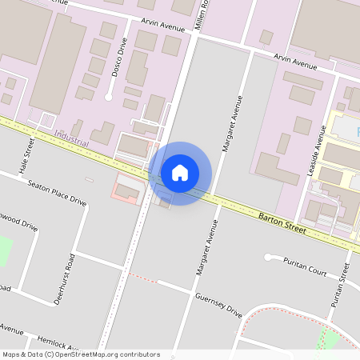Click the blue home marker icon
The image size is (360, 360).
[180, 173]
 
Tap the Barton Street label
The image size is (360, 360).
[282, 222]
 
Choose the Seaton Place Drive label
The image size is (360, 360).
[56, 192]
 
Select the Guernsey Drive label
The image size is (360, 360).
[218, 306]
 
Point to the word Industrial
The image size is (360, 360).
[73, 138]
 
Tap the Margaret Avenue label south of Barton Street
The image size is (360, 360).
[206, 248]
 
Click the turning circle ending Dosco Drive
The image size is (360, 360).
[109, 97]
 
